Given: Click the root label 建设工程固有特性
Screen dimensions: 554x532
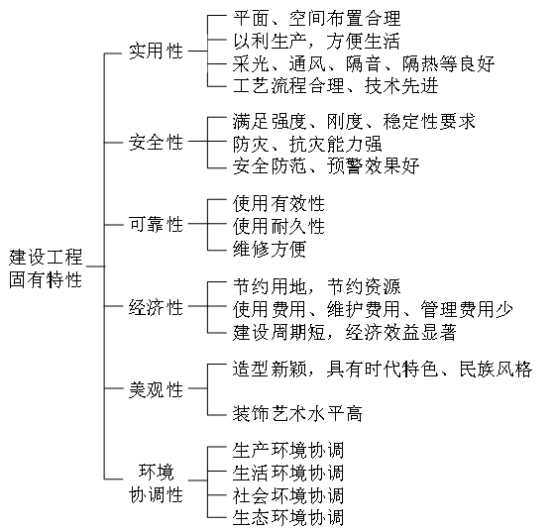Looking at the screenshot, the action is tap(46, 268).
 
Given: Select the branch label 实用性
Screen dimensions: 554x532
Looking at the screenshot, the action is tap(156, 52).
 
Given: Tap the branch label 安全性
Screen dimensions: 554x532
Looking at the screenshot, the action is tap(156, 143).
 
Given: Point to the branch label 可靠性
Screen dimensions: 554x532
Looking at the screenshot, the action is tap(156, 224).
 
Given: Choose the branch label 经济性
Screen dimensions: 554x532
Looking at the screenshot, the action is tap(156, 307).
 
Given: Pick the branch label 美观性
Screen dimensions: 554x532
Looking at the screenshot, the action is tap(156, 389).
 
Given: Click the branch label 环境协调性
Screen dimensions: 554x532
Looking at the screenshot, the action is tap(156, 483).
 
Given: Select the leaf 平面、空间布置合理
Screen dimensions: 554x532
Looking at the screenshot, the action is tap(316, 19).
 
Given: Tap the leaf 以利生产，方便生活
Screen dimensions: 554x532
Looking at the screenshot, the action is tap(316, 41).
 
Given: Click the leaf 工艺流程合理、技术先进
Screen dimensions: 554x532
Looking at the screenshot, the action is tap(336, 86).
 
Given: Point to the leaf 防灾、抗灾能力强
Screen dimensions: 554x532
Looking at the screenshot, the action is tap(307, 144).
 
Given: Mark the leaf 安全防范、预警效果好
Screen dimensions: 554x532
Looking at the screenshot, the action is tap(326, 166).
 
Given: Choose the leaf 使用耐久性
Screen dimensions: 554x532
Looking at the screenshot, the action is tap(278, 226).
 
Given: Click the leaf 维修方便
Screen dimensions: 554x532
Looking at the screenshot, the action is tap(270, 249).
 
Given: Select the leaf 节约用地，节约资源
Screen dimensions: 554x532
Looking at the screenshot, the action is tap(316, 286).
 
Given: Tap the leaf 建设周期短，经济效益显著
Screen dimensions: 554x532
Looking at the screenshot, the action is tap(345, 333).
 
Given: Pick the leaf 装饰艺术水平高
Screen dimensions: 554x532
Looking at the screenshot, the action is tap(297, 414).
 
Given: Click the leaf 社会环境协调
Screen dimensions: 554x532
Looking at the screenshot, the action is tap(288, 495).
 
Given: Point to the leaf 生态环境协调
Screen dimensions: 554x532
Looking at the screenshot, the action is tap(288, 517).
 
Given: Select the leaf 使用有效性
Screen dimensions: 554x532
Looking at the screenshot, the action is tap(278, 204).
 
